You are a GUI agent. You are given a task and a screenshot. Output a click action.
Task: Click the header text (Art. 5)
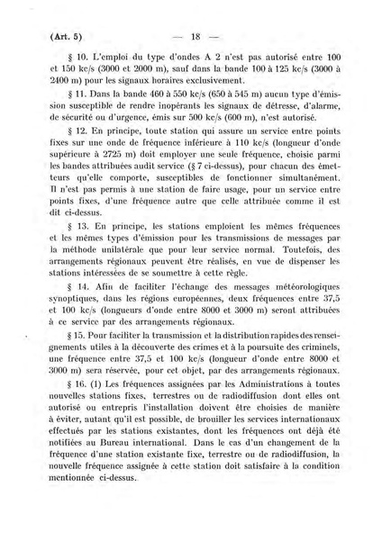pyautogui.click(x=46, y=37)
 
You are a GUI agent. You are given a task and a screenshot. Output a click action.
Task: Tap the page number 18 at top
pyautogui.click(x=194, y=37)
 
